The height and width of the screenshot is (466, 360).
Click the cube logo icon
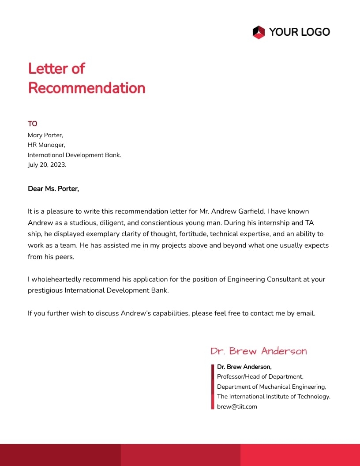pos(259,32)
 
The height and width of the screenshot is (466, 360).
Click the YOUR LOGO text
pos(299,32)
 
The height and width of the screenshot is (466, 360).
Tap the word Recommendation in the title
pos(86,88)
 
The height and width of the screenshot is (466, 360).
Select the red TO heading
pos(33,124)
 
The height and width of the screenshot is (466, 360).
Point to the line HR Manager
pos(46,145)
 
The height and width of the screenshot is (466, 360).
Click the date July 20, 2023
pos(47,165)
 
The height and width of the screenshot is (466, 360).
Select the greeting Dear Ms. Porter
pos(53,189)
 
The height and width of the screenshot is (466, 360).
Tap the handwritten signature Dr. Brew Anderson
pos(259,351)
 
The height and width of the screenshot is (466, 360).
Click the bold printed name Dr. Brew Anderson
pos(244,367)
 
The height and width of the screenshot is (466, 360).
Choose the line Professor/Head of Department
pos(260,377)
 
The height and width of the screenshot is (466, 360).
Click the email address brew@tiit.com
pos(237,407)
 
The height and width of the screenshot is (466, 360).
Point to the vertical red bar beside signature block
pos(213,387)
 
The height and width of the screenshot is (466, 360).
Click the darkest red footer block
pos(60,455)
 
